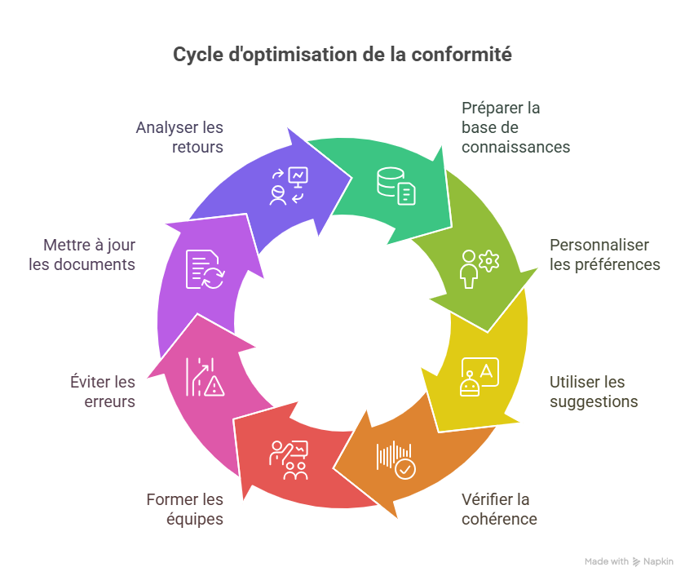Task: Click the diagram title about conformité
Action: click(342, 55)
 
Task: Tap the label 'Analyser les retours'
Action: click(179, 137)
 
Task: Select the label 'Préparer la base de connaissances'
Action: click(515, 127)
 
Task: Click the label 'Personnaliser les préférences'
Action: click(604, 255)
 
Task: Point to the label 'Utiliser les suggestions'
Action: click(593, 392)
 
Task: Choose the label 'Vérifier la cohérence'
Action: click(499, 509)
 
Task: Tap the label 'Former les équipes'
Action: click(184, 509)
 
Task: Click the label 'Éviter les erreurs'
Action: click(103, 392)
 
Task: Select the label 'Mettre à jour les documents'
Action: click(82, 255)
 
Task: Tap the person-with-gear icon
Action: click(479, 268)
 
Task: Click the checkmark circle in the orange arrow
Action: click(405, 469)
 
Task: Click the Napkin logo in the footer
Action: click(637, 561)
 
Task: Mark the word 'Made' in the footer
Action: click(596, 561)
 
